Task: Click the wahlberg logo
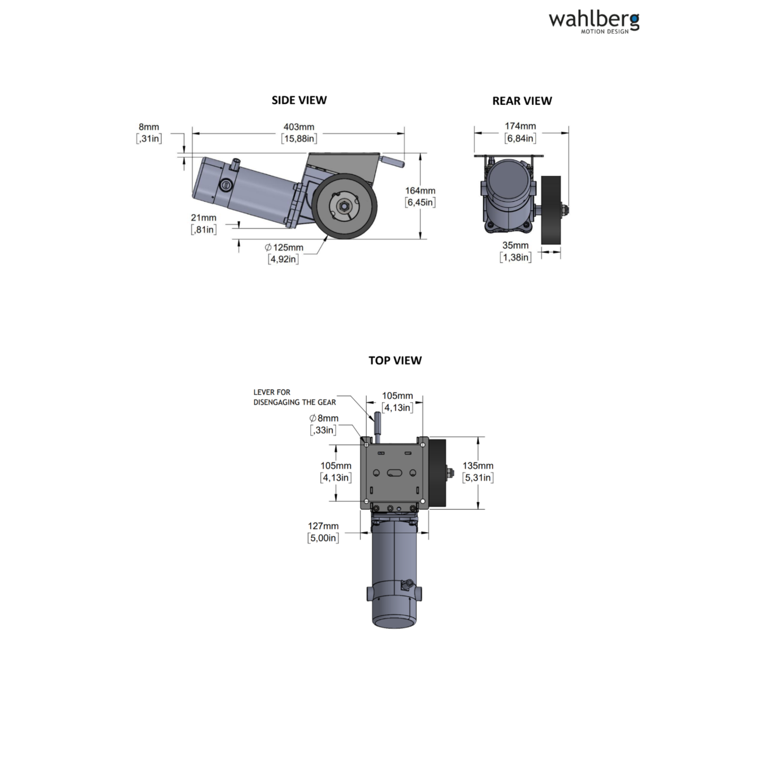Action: (593, 22)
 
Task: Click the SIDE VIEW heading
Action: (299, 100)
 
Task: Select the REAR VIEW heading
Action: (522, 101)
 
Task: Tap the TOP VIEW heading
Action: (395, 361)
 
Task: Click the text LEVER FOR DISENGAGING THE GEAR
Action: (294, 397)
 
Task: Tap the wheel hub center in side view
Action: (344, 206)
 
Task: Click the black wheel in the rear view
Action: (551, 210)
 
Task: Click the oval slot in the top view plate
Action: (394, 473)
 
